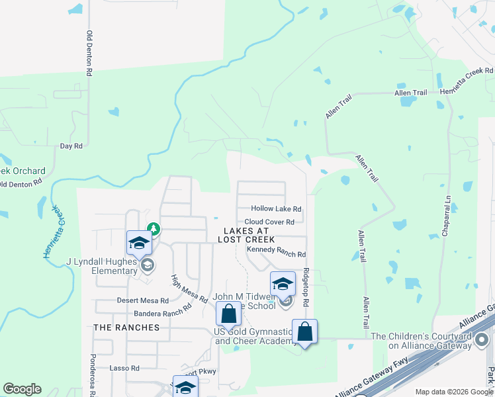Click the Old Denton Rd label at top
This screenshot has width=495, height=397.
point(89,49)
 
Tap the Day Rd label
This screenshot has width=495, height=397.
point(71,146)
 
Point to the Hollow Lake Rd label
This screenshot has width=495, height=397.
point(276,208)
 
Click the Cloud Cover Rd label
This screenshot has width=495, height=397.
point(269,222)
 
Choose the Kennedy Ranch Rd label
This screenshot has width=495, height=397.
point(276,253)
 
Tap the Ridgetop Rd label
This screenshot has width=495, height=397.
point(306,286)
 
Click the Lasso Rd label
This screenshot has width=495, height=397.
point(125,368)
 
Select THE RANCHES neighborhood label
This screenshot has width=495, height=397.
point(126,328)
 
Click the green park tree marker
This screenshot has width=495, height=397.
point(154,229)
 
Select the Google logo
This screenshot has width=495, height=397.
point(22,389)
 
